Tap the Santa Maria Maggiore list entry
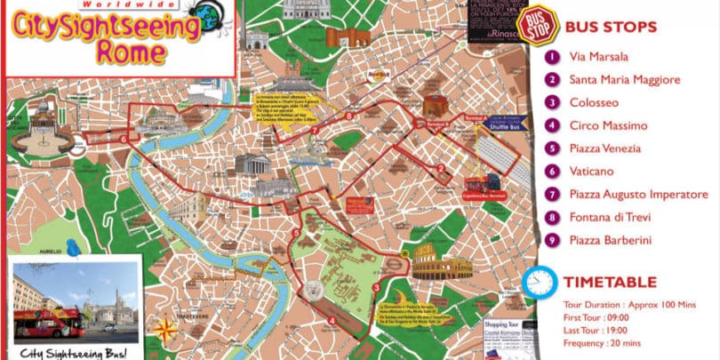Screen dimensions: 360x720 coord(625,80)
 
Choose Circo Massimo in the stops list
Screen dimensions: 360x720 coord(609,125)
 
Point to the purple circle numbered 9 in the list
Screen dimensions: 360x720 coord(553,239)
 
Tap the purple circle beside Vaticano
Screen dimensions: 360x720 coord(553,171)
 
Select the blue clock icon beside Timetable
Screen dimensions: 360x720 coord(540,283)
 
